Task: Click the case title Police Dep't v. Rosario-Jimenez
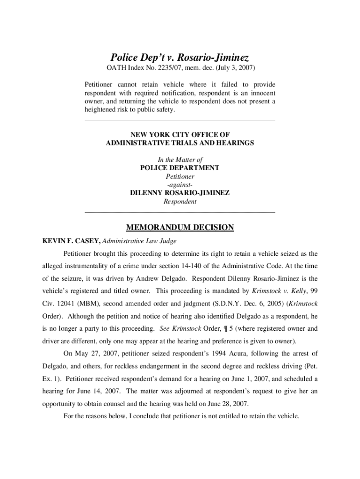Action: pos(180,58)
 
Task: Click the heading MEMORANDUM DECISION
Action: pos(180,228)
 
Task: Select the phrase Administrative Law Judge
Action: pos(139,241)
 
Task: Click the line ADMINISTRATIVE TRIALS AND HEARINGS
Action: pos(180,143)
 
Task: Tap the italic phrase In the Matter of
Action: pos(180,160)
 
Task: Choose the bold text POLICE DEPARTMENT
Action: pos(180,168)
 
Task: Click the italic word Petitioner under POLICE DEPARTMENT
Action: pos(180,176)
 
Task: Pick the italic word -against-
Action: pos(180,185)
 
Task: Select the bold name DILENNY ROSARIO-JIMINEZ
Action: pos(180,193)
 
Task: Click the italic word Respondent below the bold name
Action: pos(180,202)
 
